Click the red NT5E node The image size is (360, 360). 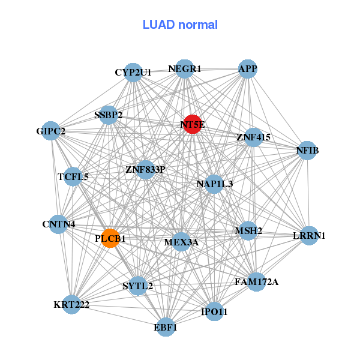pos(192,124)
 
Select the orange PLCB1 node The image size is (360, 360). pos(110,238)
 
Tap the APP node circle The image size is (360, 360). pos(248,68)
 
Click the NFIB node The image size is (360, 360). pos(307,150)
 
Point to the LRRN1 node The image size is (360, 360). pos(308,235)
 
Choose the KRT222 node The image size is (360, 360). pos(71,304)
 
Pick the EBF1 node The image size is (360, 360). pos(166,327)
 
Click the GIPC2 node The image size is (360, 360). pos(51,131)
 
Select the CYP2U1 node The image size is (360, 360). pos(133,72)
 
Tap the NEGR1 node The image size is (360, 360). pos(185,69)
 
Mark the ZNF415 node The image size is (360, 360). pos(254,137)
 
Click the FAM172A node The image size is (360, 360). pos(256,281)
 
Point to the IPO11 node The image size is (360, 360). pos(215,311)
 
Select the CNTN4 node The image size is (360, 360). pos(59,224)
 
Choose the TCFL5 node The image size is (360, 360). pos(73,176)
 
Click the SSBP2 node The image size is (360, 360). pos(109,115)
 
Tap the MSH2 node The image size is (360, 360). pos(248,230)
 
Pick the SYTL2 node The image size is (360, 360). pos(138,286)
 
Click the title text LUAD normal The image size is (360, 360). pos(180,25)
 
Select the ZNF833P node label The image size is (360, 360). pos(145,170)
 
